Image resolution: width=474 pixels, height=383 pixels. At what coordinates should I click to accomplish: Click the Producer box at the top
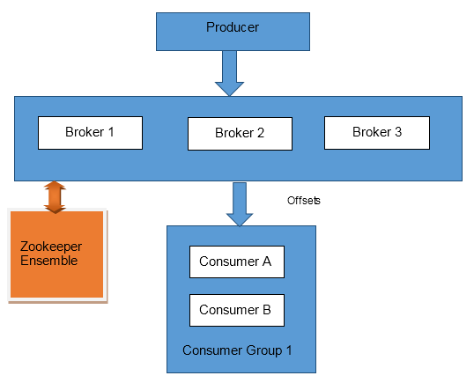click(233, 32)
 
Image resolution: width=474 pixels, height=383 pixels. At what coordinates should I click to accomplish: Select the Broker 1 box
click(90, 133)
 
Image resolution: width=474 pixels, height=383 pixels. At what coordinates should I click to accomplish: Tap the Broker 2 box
click(240, 134)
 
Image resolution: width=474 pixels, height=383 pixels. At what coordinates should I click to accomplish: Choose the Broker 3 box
click(377, 133)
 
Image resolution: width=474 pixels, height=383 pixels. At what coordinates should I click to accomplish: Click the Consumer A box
click(237, 261)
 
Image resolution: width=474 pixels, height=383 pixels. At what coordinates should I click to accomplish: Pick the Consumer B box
click(237, 310)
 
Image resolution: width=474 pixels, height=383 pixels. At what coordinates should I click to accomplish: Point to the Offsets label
click(303, 201)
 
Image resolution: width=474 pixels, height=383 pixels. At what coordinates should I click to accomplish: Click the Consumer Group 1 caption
click(237, 350)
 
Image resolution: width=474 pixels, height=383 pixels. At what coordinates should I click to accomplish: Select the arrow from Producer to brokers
click(229, 73)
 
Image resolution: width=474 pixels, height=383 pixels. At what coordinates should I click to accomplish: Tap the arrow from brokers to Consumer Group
click(240, 204)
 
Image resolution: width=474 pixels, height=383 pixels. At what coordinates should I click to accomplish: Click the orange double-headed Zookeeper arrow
click(55, 197)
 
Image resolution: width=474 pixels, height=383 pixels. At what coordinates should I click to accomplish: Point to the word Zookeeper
click(51, 247)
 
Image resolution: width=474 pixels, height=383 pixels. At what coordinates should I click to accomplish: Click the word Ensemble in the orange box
click(48, 261)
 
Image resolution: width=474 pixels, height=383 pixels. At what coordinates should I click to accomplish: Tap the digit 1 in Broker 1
click(111, 132)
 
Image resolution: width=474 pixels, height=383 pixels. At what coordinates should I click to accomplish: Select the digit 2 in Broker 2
click(261, 133)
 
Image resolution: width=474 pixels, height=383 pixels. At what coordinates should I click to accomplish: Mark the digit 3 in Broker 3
click(398, 132)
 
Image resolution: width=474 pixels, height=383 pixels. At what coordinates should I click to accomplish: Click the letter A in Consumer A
click(267, 261)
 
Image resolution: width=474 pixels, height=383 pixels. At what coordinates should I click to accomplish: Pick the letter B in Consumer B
click(267, 310)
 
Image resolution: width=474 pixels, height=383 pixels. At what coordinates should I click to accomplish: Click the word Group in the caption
click(264, 350)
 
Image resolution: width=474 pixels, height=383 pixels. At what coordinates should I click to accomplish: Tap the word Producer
click(233, 27)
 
